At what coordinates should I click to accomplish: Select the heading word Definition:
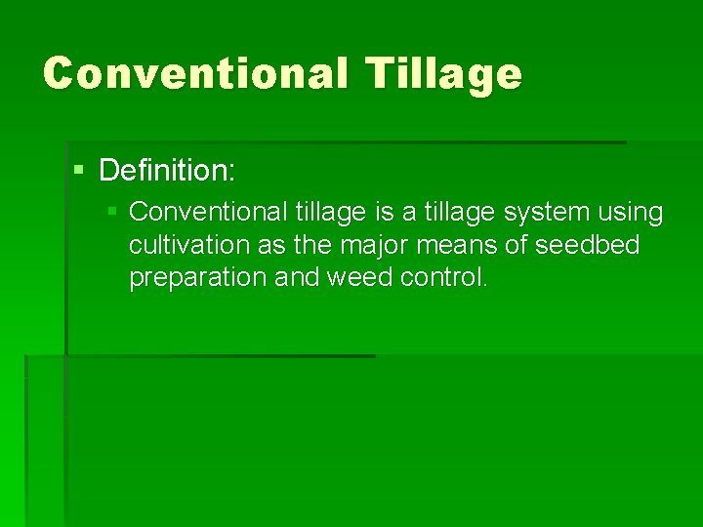pos(167,172)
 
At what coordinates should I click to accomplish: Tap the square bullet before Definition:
pos(80,171)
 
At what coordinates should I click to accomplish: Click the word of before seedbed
pos(516,245)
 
